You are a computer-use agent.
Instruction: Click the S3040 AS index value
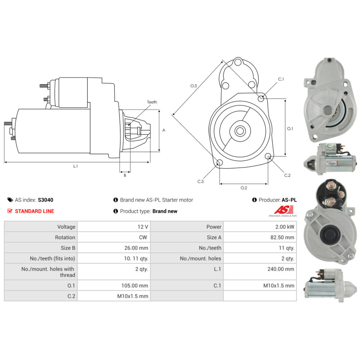pyautogui.click(x=45, y=200)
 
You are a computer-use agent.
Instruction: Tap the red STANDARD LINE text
pyautogui.click(x=34, y=211)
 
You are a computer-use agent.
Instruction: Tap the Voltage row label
pyautogui.click(x=66, y=227)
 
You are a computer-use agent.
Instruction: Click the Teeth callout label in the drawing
pyautogui.click(x=152, y=102)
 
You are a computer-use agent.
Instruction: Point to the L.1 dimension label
pyautogui.click(x=76, y=166)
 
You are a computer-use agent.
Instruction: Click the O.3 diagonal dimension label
pyautogui.click(x=194, y=86)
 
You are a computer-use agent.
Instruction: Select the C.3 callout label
pyautogui.click(x=201, y=181)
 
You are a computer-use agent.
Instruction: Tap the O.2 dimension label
pyautogui.click(x=244, y=188)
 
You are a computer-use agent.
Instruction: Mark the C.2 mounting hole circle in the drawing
pyautogui.click(x=268, y=157)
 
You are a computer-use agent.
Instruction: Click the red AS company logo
pyautogui.click(x=284, y=210)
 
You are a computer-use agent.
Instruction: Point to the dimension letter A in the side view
pyautogui.click(x=164, y=130)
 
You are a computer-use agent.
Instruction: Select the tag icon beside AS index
pyautogui.click(x=10, y=200)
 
